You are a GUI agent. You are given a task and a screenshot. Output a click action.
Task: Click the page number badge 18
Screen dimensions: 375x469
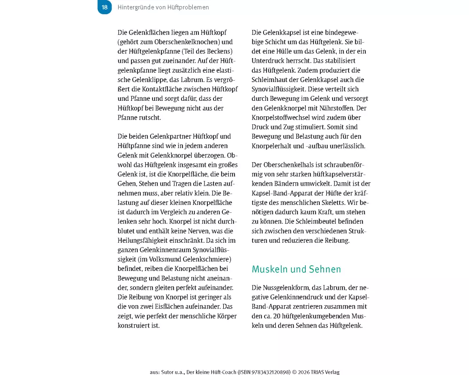tap(105, 7)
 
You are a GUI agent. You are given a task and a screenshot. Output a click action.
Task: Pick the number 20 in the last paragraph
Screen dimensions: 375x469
tap(285, 316)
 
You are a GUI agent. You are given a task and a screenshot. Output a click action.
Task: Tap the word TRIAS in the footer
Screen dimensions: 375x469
tap(321, 372)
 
